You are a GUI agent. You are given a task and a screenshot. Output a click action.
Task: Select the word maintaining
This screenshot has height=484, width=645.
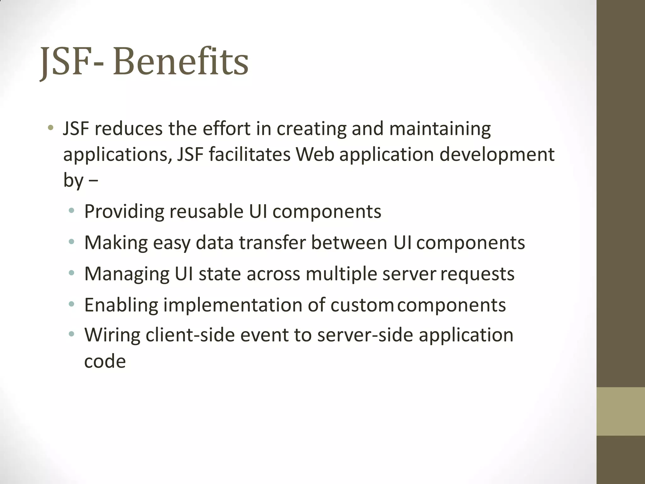[x=440, y=129]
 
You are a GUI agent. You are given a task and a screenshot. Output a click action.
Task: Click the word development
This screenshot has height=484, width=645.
[x=497, y=155]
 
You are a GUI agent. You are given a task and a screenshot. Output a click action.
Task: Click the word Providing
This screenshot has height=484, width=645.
[x=124, y=212]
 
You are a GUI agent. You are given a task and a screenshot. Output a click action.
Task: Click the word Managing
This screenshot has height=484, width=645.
[x=127, y=274]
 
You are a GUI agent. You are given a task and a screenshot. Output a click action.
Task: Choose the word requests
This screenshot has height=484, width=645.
[x=477, y=274]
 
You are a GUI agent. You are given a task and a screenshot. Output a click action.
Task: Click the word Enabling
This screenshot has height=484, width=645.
[x=121, y=305]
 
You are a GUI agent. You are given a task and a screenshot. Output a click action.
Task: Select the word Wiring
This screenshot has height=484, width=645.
[x=112, y=335]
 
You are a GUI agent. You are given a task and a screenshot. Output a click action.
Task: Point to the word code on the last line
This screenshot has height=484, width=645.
[x=105, y=361]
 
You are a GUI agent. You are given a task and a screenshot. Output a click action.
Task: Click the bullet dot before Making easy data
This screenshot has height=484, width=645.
[x=72, y=242]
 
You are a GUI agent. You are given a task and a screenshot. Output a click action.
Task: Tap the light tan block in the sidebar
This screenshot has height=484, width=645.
[x=620, y=411]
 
